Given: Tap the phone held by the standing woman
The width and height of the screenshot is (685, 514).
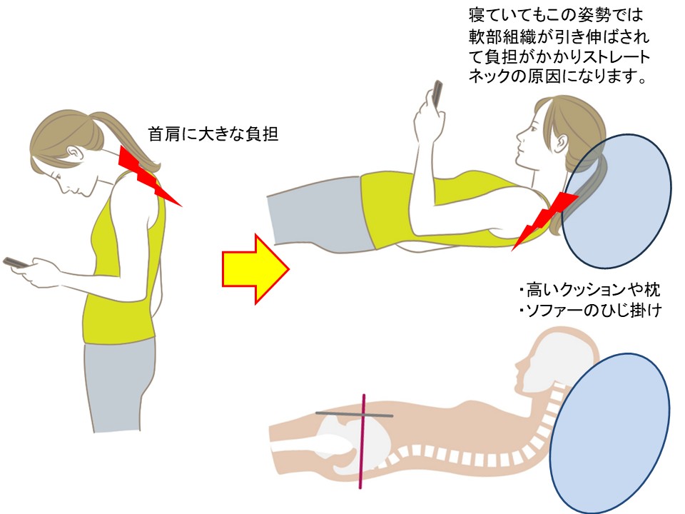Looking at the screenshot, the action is pos(16,263).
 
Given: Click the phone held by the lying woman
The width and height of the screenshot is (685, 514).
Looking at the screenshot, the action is pos(437,93).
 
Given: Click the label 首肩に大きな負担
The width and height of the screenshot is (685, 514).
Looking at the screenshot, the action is pos(213,133).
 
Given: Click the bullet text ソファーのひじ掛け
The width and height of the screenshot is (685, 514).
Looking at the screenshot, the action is pos(590,311).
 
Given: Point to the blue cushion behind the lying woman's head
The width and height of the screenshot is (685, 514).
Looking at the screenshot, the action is pos(616,201).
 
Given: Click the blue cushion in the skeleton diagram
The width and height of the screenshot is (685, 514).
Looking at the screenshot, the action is pos(610,433).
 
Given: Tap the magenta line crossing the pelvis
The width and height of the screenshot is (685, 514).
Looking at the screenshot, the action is pos(362,441).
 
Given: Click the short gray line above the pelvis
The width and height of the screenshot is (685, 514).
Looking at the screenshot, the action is pos(355,414).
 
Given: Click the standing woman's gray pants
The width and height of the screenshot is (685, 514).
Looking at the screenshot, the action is pos(120,385).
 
